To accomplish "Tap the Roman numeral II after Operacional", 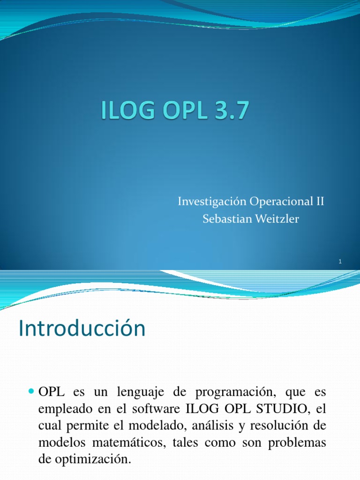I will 318,202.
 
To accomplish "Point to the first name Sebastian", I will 223,219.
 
